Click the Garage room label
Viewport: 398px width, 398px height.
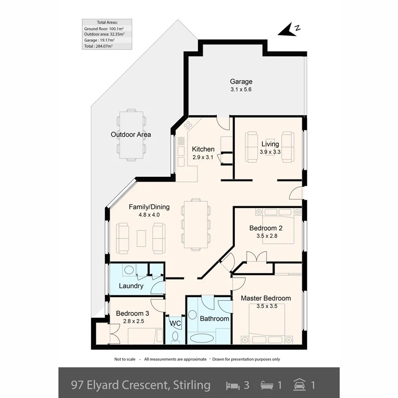[241, 81]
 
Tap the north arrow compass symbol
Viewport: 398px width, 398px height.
[289, 30]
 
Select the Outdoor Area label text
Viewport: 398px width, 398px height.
[131, 134]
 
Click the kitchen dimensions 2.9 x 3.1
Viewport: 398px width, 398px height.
[203, 157]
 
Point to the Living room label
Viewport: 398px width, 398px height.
[270, 144]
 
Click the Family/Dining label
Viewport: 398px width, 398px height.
[149, 207]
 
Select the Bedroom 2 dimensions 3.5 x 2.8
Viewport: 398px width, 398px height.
[266, 236]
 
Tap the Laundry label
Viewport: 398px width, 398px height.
[131, 286]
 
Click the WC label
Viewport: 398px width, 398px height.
[176, 323]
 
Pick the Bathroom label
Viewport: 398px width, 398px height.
[214, 318]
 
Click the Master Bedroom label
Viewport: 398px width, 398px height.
[266, 298]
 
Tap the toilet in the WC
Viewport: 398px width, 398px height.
[175, 337]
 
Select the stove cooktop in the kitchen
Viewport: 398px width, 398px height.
[188, 124]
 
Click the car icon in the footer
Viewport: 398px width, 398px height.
[299, 385]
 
